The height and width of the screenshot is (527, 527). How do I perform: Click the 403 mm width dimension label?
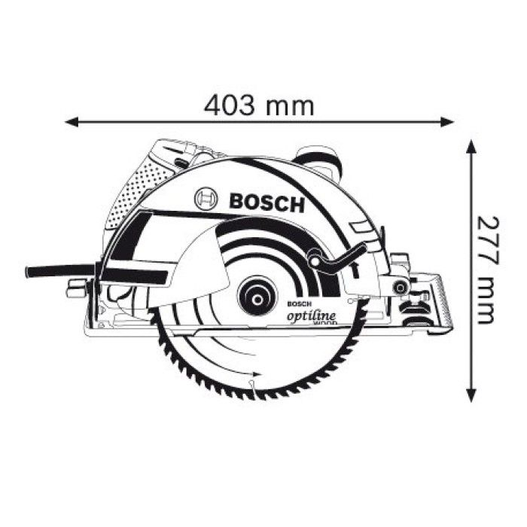tap(259, 105)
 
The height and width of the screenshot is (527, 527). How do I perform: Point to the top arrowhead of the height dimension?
tap(471, 145)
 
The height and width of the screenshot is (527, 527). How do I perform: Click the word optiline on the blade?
tap(311, 315)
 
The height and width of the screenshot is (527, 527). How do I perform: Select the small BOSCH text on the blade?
tap(299, 303)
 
